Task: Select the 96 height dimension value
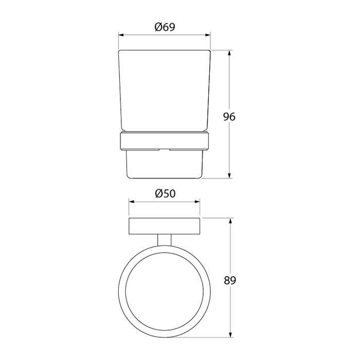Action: pos(229,117)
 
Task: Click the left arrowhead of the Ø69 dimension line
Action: pos(121,35)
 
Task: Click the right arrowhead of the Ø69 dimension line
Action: pos(208,35)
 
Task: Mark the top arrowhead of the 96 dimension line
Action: pos(229,52)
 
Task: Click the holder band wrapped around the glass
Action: pos(165,140)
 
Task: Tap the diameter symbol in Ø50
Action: pos(157,193)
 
